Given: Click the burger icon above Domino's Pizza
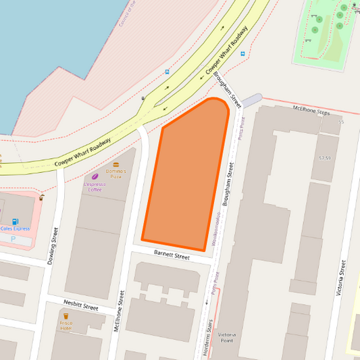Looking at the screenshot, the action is (115, 164).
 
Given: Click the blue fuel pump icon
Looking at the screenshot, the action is (16, 221).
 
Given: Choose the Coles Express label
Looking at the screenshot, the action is (15, 229).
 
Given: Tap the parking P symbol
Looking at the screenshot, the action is (13, 239).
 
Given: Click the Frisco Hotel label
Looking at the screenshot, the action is (66, 326).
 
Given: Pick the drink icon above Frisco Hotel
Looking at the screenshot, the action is (66, 315).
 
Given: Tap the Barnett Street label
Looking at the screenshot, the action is (172, 255).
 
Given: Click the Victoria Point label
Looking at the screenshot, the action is (227, 337).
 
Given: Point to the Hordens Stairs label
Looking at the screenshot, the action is (209, 336).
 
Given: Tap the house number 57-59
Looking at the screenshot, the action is (325, 158).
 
